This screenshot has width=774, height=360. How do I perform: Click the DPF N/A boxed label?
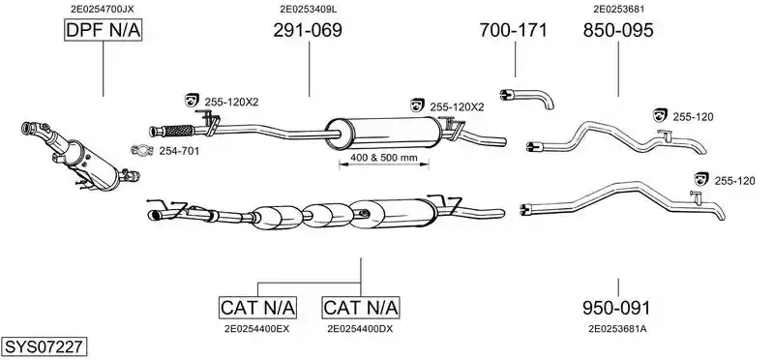click(x=103, y=31)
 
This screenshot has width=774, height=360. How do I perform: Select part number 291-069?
click(x=308, y=31)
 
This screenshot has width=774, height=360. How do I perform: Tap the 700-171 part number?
click(x=514, y=31)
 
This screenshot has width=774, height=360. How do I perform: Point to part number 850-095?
click(x=618, y=31)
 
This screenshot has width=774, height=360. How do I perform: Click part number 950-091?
click(x=616, y=309)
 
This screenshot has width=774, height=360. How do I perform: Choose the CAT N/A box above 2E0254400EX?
click(x=257, y=308)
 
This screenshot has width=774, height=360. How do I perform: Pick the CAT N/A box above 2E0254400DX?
click(x=360, y=308)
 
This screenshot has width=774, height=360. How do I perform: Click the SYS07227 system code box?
click(x=44, y=346)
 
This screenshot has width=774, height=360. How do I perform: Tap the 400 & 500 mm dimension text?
click(x=383, y=159)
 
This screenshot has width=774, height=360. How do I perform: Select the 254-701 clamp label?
click(x=179, y=151)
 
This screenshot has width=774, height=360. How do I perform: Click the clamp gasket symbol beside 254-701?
click(x=142, y=150)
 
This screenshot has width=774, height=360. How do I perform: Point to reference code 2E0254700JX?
click(x=103, y=9)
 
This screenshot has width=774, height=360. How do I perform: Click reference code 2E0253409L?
click(x=309, y=9)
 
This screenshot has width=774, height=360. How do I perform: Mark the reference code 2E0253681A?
click(x=617, y=328)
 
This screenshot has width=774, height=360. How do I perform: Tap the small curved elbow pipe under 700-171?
click(x=527, y=98)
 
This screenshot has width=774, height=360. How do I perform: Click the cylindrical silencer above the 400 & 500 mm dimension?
click(x=383, y=133)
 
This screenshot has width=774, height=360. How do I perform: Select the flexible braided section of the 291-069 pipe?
click(x=178, y=131)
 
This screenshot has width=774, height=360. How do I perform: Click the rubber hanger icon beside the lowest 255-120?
click(x=700, y=179)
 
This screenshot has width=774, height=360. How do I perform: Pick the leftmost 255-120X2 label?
click(x=231, y=103)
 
